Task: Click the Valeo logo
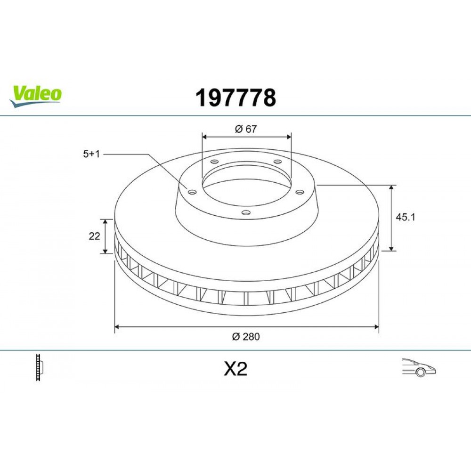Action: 36,95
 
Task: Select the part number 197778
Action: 235,98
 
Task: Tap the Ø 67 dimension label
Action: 245,129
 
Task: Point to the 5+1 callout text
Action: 91,154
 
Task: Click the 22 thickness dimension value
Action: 94,236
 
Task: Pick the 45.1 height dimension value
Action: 406,217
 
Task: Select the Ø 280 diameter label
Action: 246,336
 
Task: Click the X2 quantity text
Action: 235,369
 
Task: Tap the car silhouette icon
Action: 418,367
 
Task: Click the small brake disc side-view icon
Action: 40,367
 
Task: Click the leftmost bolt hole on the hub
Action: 192,191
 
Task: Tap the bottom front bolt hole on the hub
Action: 245,212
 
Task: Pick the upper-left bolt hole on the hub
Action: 214,162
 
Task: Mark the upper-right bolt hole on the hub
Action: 277,162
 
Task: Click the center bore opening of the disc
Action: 246,184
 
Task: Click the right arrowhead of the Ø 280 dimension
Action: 376,326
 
